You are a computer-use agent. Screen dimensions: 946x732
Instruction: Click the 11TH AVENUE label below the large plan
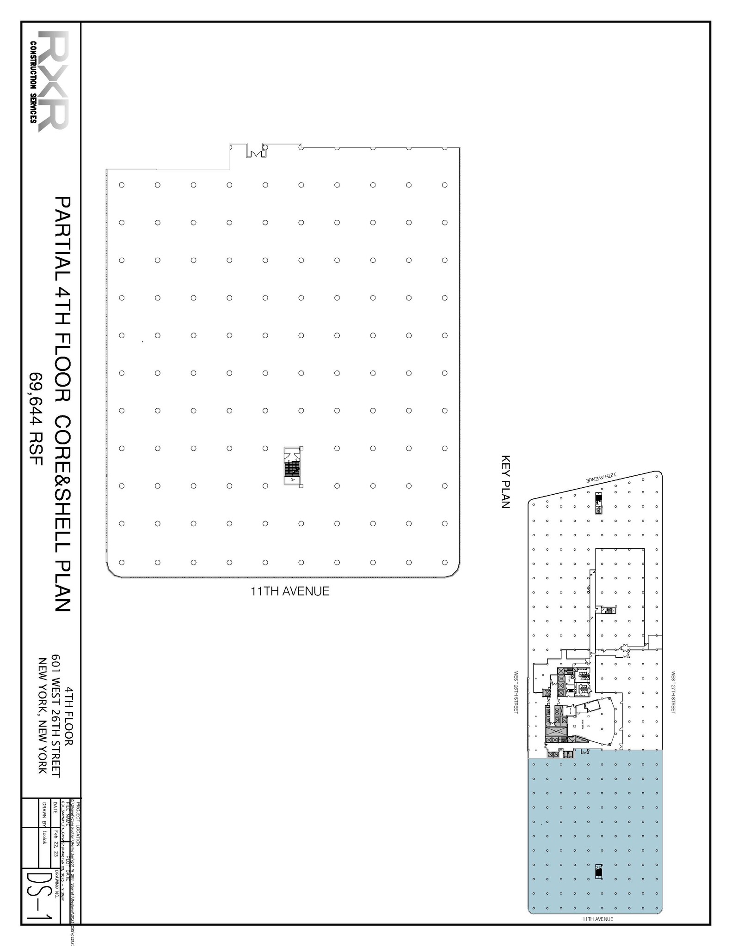pyautogui.click(x=290, y=591)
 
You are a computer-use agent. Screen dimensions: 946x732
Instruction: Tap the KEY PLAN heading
pyautogui.click(x=505, y=482)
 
